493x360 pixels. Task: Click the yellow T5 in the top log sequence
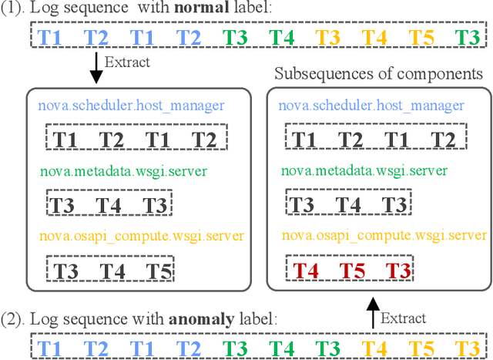(421, 37)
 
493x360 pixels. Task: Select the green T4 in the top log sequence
(283, 37)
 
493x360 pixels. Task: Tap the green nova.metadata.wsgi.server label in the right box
(351, 171)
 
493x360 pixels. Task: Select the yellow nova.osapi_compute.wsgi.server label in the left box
(141, 237)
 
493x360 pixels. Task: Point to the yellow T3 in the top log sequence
(329, 37)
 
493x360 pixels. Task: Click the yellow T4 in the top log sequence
(375, 37)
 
